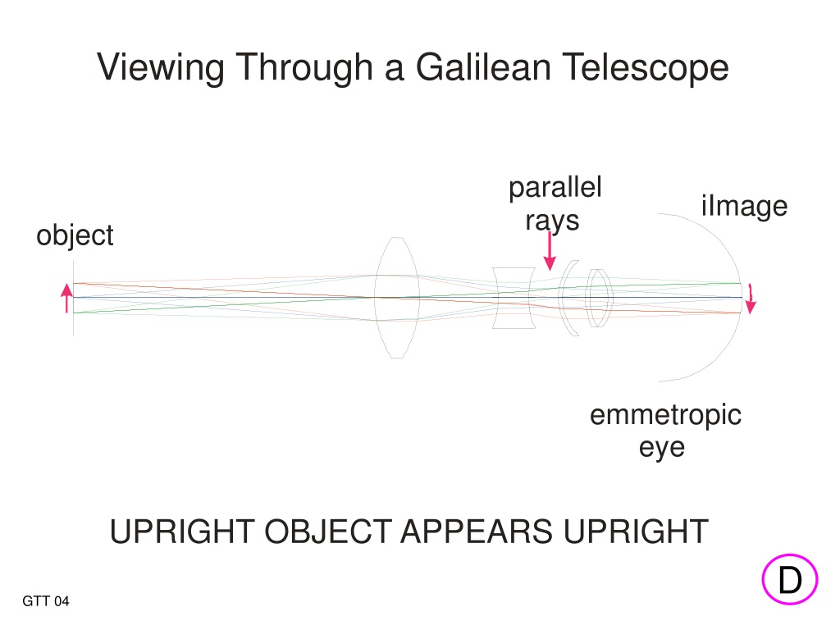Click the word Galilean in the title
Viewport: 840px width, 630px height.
pos(484,67)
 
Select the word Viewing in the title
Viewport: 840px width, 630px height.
pos(161,68)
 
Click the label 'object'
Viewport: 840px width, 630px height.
pos(75,235)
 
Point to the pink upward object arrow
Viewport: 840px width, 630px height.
pos(66,298)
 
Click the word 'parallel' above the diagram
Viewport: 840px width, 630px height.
pos(555,188)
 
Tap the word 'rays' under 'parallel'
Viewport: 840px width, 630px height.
pos(552,221)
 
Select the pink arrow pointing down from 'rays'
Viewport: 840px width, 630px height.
pos(550,251)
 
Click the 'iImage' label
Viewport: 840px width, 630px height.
pos(745,206)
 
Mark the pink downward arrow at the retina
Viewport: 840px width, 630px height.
pos(751,299)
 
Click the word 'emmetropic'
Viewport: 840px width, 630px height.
pos(666,415)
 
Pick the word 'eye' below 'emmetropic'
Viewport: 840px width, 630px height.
pos(662,448)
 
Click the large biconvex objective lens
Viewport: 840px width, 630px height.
pos(396,297)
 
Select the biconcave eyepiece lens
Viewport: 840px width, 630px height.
pos(514,298)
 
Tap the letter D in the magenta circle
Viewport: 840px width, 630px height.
pos(790,580)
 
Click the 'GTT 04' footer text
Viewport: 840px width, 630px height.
pos(46,601)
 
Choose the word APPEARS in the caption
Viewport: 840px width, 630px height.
pos(477,532)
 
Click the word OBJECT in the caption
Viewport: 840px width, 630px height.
pos(328,532)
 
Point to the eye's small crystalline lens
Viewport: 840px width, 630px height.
pos(600,298)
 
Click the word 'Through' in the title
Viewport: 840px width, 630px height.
pos(305,68)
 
